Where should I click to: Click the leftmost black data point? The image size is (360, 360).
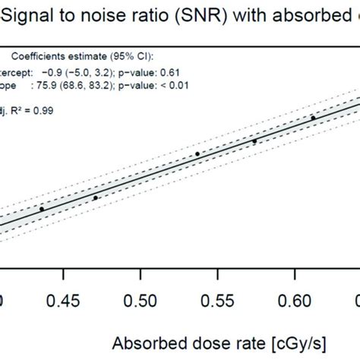point(42,209)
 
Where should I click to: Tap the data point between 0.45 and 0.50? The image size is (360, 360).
point(96,197)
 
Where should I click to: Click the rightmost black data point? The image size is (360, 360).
point(313,118)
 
